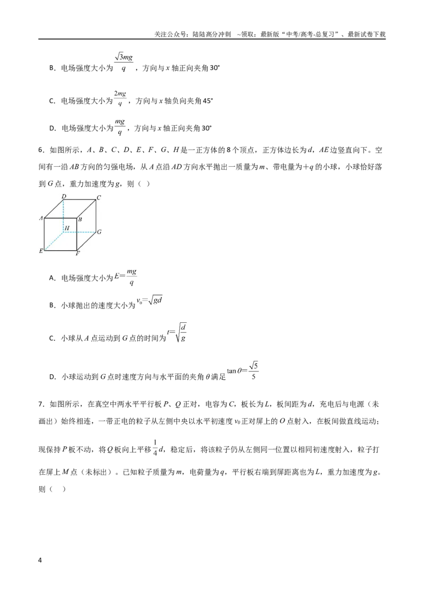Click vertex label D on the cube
(x=64, y=196)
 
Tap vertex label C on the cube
(x=99, y=197)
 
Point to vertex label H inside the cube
(x=67, y=228)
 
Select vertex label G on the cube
(x=99, y=231)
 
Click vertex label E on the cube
(x=41, y=251)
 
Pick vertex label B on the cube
(x=80, y=219)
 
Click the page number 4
(x=40, y=560)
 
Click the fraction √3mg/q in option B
(x=123, y=62)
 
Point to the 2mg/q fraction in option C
(x=120, y=98)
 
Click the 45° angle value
(x=207, y=101)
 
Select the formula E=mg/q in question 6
(x=126, y=277)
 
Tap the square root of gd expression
(x=149, y=301)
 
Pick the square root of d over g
(x=177, y=333)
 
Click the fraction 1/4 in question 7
(x=155, y=448)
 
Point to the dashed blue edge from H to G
(x=79, y=232)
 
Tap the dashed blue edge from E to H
(x=54, y=241)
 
